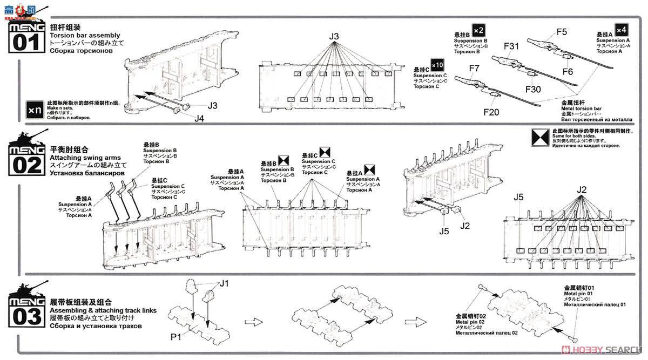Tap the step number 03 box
[x=25, y=316]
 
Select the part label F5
[x=562, y=32]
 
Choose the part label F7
[x=474, y=68]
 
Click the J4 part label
[x=199, y=118]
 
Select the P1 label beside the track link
[x=176, y=337]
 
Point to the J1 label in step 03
[x=224, y=283]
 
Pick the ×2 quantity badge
[x=478, y=30]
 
